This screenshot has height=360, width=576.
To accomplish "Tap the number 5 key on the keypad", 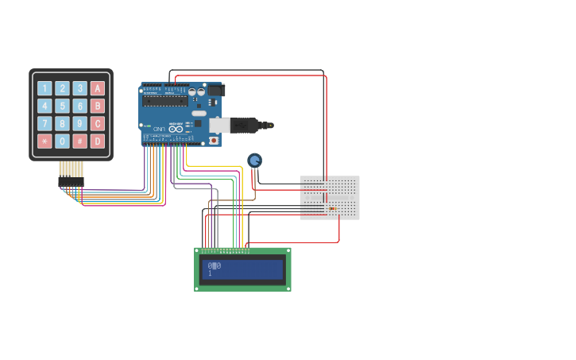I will (x=62, y=106).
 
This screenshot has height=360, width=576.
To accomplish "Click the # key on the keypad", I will (x=79, y=141).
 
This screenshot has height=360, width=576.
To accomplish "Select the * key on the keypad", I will (x=44, y=141).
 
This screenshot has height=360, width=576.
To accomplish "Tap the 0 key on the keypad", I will (x=62, y=141).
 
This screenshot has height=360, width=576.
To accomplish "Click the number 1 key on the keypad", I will (x=44, y=88).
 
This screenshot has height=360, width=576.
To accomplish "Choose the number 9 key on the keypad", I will (x=79, y=123).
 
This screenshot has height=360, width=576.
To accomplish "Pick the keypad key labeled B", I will (x=98, y=106).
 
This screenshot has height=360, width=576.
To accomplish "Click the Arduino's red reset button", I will (x=214, y=141).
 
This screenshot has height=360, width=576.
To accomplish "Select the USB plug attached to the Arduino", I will (x=238, y=125).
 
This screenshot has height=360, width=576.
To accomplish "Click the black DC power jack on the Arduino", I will (x=215, y=91).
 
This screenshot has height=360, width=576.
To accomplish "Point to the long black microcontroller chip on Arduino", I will (x=165, y=101).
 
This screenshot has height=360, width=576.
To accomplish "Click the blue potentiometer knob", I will (x=254, y=161).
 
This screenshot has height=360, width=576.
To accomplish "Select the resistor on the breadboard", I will (x=333, y=209).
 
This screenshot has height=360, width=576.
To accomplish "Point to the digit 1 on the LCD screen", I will (x=210, y=273).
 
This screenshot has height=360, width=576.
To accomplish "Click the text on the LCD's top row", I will (x=215, y=265).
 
